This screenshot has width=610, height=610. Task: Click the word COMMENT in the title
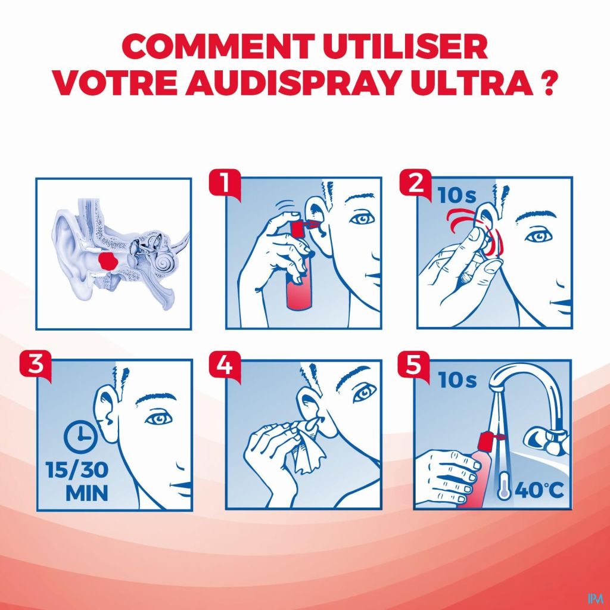pos(220,46)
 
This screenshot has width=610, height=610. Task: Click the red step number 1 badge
pos(224,183)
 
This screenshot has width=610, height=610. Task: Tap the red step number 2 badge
pos(415,183)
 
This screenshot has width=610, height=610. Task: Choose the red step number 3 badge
pos(35,366)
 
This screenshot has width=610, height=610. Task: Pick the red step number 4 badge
pos(224,366)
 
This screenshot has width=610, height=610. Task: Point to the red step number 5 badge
pos(413,366)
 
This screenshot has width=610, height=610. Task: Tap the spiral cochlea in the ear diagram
pos(165,263)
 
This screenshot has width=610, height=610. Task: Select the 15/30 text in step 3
pos(77,469)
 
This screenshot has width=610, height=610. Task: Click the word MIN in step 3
pos(86,493)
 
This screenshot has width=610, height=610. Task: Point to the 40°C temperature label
pos(539,490)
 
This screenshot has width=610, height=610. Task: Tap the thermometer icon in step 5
pos(504,485)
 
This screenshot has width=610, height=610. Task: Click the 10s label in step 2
pos(457,195)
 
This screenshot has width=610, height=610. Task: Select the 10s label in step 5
pos(457,379)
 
